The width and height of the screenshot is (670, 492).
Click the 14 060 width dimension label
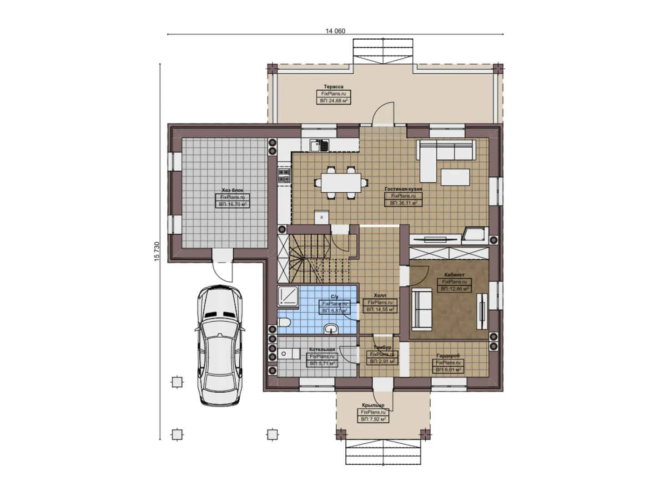(x=335, y=31)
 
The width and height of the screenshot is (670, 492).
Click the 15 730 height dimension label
(x=157, y=251)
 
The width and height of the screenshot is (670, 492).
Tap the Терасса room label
(x=333, y=87)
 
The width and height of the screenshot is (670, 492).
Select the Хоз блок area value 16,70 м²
(x=232, y=205)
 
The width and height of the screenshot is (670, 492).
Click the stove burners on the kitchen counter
(x=284, y=176)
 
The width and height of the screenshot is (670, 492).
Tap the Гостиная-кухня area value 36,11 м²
(x=403, y=203)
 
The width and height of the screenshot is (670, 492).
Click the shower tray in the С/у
(x=287, y=296)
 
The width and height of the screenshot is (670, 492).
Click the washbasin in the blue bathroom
(x=332, y=328)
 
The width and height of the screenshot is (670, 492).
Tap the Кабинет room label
(x=454, y=275)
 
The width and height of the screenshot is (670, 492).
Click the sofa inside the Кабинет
(x=422, y=308)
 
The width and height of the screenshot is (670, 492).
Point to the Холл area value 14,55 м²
(x=379, y=309)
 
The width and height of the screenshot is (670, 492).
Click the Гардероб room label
(x=448, y=355)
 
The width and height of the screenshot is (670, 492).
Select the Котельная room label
(x=322, y=349)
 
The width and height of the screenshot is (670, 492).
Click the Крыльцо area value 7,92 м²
(x=373, y=419)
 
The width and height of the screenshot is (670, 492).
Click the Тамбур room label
(x=382, y=348)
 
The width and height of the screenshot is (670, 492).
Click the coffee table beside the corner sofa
(x=455, y=177)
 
